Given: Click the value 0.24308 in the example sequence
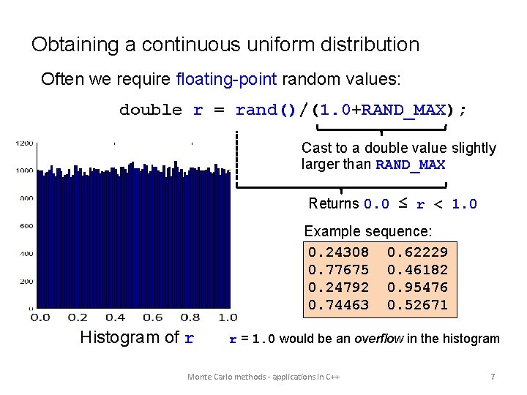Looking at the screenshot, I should click(x=338, y=252).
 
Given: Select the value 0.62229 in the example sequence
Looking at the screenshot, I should click(x=417, y=252).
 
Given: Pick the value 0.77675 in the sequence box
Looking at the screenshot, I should click(x=338, y=270).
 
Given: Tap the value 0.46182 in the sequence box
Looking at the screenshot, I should click(x=417, y=270).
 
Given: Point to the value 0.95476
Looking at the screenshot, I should click(x=417, y=287).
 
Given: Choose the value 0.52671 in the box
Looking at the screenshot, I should click(x=417, y=305).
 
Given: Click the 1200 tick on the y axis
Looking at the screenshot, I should click(x=24, y=143).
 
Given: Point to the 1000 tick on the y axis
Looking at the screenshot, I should click(x=24, y=170).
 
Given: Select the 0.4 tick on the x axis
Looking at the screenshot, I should click(x=115, y=317).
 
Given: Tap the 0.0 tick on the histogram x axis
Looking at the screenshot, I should click(x=40, y=317).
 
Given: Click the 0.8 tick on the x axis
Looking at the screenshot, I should click(x=190, y=317).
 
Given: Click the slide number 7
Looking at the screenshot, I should click(x=493, y=377).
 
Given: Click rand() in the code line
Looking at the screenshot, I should click(x=265, y=110).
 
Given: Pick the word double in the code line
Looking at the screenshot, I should click(x=151, y=110).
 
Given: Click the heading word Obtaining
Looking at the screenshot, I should click(x=75, y=45).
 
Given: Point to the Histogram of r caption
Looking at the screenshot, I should click(x=137, y=338).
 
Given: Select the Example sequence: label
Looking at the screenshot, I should click(x=368, y=231).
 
